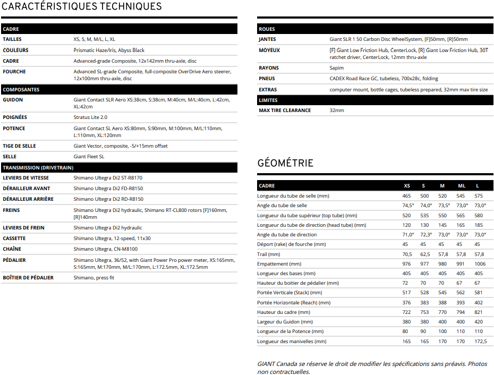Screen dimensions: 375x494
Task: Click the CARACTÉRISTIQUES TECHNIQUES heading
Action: coord(82,7)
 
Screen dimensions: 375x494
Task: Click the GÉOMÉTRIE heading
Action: coord(285,163)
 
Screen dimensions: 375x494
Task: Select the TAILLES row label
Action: coord(12,39)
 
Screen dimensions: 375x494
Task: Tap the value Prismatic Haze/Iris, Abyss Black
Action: coord(109,50)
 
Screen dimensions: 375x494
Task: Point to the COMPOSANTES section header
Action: coord(21,90)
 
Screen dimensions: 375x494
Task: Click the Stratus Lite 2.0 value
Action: coord(90,117)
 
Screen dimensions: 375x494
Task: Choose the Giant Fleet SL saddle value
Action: coord(89,157)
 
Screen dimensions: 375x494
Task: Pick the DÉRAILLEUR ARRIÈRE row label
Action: coord(29,199)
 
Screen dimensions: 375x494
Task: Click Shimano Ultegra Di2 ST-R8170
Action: coord(108,178)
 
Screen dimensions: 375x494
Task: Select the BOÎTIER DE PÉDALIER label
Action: coord(28,278)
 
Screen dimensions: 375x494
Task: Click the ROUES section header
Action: coord(267,29)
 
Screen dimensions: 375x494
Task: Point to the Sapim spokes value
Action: coord(337,68)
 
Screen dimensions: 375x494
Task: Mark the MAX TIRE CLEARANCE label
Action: coord(285,110)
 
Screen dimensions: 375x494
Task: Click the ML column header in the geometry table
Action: coord(462,186)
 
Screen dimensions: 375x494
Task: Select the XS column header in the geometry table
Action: coord(407,186)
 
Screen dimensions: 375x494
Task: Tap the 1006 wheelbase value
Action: coord(480,264)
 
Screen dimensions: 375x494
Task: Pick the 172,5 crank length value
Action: coord(480,342)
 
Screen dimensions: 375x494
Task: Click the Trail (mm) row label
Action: coord(268,254)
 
